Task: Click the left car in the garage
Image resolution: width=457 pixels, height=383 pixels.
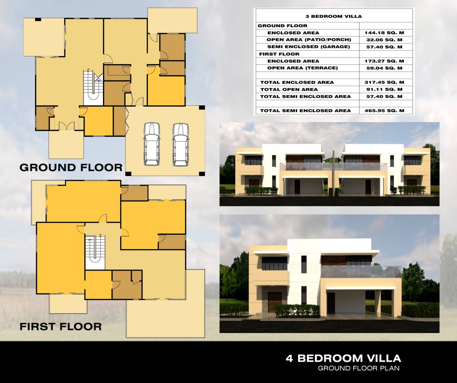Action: [x=152, y=144]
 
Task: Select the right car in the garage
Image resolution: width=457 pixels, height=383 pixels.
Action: [x=180, y=144]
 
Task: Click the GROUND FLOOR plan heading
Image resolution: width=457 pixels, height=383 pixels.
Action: [x=71, y=167]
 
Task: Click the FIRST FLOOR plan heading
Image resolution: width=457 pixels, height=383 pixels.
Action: [x=61, y=326]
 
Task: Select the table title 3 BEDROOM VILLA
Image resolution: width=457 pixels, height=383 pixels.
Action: [x=334, y=16]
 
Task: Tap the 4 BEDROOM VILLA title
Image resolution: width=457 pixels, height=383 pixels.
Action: [x=343, y=358]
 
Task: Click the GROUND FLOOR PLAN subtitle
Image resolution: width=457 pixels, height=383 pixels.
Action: [x=359, y=368]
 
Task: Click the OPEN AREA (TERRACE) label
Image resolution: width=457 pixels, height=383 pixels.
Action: [x=303, y=68]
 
